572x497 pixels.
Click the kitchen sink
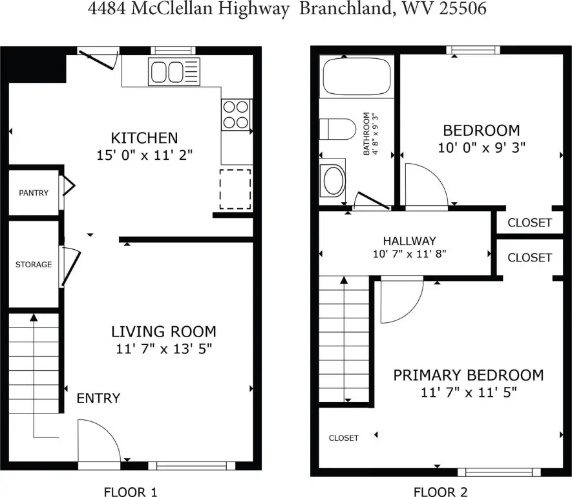point(174,72)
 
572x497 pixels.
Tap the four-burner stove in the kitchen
point(236,115)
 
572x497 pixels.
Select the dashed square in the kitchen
point(235,189)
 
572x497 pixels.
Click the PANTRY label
point(34,193)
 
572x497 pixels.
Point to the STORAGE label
point(34,265)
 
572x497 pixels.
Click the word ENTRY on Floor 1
point(98,398)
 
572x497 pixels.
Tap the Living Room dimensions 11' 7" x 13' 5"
point(164,349)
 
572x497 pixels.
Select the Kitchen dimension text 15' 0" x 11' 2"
point(145,155)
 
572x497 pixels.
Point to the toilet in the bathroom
point(337,129)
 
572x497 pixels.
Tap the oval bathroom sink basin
point(334,181)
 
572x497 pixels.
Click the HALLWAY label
point(409,241)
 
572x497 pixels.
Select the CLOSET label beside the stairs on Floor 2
point(344,438)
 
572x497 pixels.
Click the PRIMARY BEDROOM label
point(469,375)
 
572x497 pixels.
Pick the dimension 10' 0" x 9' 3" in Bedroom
point(482,148)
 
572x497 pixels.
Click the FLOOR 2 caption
point(440,492)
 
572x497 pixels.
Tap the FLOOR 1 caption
point(131,492)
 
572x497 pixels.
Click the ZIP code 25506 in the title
point(463,9)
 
